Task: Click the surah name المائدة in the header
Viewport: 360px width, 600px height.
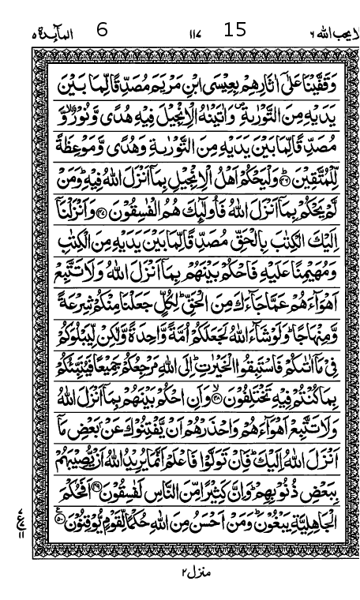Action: pyautogui.click(x=54, y=33)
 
